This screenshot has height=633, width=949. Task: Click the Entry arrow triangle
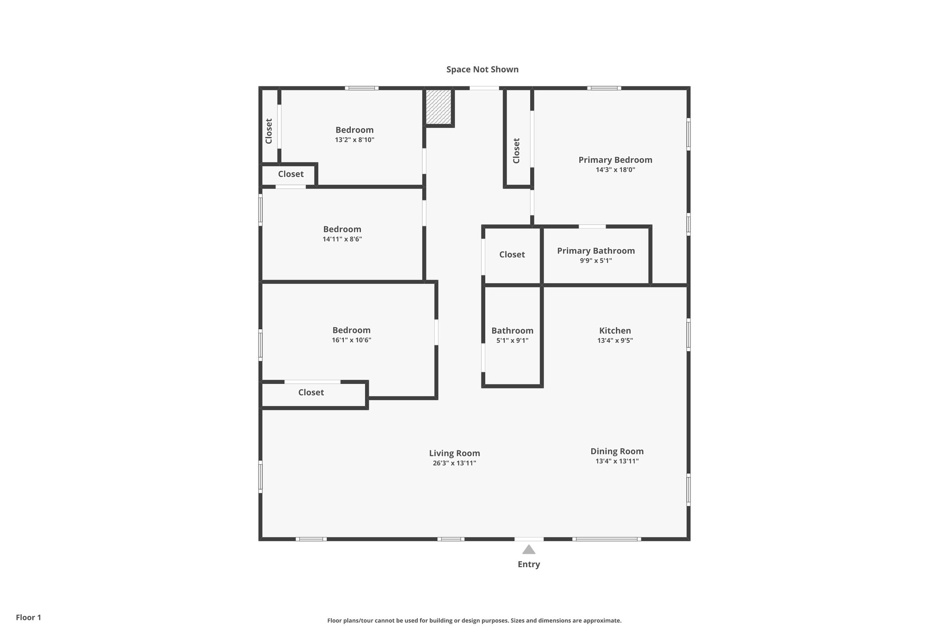tap(529, 550)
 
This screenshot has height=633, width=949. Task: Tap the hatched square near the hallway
tap(438, 107)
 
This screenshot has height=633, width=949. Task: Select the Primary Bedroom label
tap(615, 160)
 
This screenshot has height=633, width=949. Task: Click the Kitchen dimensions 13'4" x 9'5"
tap(615, 340)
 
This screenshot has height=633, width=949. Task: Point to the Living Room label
tap(454, 453)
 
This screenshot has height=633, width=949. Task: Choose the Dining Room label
tap(617, 451)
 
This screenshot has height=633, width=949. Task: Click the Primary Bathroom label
tap(595, 251)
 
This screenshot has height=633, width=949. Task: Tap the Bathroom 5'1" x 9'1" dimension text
tap(512, 340)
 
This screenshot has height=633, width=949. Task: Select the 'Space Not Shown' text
tap(482, 70)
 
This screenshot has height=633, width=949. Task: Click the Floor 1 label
tap(28, 617)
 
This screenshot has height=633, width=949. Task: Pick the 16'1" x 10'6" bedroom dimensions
tap(351, 340)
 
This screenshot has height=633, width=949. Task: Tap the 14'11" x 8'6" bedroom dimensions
tap(342, 239)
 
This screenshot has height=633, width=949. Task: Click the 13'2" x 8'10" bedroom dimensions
tap(354, 140)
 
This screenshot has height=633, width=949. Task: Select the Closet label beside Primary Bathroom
tap(512, 255)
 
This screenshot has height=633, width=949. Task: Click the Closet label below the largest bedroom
tap(311, 392)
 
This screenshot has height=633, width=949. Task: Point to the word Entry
tap(529, 564)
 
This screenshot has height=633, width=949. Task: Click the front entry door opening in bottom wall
tap(529, 539)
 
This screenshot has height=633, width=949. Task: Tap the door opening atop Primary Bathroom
tap(592, 226)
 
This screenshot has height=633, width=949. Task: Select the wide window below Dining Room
tap(607, 539)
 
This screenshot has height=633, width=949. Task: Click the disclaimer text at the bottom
tap(474, 620)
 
